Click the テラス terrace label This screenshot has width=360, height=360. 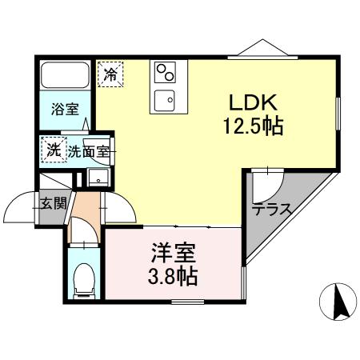(270, 210)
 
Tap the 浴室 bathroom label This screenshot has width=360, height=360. (62, 110)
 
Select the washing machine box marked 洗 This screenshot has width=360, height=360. (54, 149)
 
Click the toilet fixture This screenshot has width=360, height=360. (82, 279)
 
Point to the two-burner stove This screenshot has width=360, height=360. (167, 73)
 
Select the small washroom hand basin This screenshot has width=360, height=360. (99, 178)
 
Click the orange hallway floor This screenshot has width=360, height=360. (82, 223)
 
